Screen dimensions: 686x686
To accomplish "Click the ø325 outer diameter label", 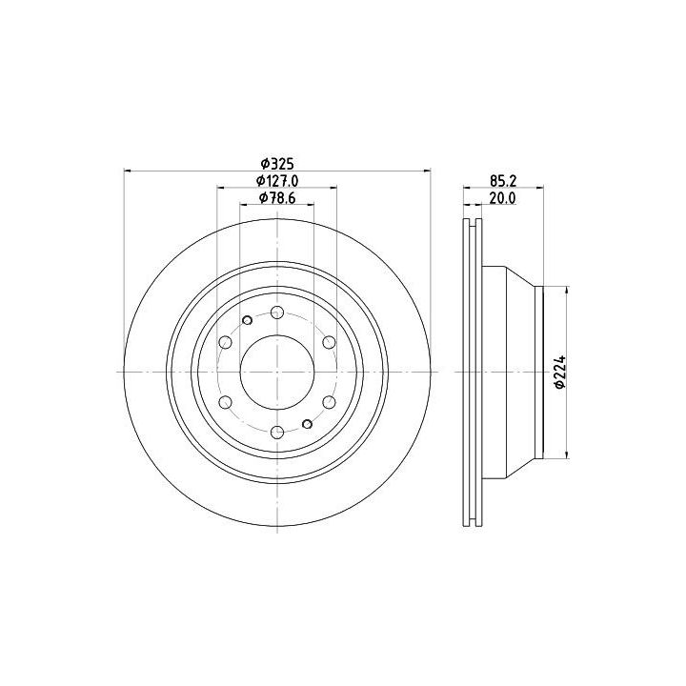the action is click(277, 164).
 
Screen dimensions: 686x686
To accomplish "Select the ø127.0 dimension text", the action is click(277, 181).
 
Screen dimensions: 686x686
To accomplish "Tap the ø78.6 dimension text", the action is click(277, 198).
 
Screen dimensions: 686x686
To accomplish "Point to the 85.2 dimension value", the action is click(503, 181).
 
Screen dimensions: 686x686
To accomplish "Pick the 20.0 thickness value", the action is click(502, 198).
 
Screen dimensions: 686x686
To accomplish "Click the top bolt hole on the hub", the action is click(277, 313).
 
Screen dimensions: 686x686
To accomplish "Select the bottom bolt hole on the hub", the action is click(277, 433).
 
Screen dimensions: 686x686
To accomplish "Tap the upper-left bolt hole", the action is click(225, 342).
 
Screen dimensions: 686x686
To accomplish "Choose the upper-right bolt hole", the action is click(329, 342).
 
